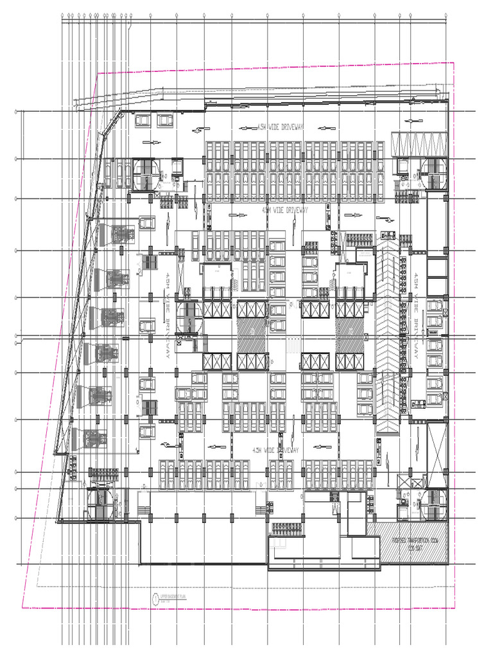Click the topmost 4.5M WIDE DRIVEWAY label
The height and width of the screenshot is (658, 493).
[280, 127]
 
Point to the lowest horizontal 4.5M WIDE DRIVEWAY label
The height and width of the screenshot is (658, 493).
[276, 450]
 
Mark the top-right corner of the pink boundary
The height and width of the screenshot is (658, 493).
[454, 62]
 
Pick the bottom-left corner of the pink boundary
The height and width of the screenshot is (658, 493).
[22, 607]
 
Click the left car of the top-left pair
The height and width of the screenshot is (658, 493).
[143, 120]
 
